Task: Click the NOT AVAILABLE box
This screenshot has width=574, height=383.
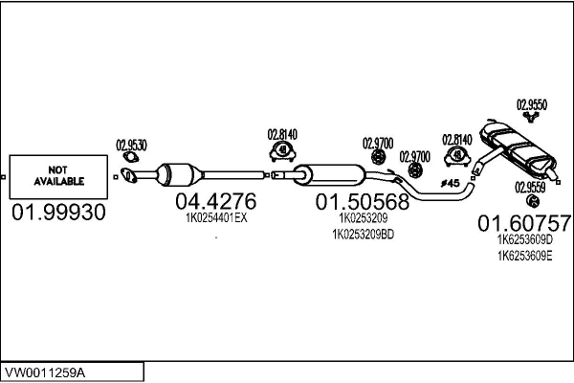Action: coord(58,176)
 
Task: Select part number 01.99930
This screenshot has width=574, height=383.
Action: coord(58,213)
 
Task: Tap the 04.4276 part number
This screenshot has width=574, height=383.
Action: coord(216,201)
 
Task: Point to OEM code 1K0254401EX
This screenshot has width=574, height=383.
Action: coord(216,218)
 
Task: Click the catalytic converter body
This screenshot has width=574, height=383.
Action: coord(179,174)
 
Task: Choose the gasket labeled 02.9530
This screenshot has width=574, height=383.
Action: coord(130,157)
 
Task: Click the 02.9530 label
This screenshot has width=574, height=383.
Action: coord(131,146)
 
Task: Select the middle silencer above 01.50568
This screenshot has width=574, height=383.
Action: coord(329,175)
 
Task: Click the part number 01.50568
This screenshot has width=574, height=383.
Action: coord(363,202)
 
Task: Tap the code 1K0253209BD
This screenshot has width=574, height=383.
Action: coord(364,235)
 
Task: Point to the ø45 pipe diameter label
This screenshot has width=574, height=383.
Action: coord(450,183)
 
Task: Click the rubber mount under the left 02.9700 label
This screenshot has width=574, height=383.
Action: coord(379,157)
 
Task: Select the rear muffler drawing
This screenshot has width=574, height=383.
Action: coord(518,149)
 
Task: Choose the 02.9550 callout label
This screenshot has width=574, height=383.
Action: coord(532,104)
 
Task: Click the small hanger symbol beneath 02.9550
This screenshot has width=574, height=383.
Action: coord(531,117)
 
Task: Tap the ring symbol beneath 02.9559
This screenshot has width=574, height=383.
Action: coord(533,201)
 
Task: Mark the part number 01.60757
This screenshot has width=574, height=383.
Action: coord(524,223)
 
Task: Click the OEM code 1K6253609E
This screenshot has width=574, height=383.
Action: coord(524,256)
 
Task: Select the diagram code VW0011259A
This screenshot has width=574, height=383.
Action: coord(45,372)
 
